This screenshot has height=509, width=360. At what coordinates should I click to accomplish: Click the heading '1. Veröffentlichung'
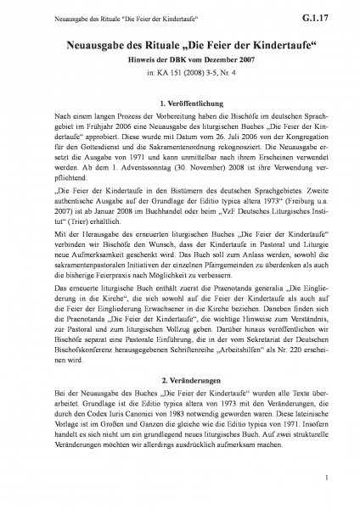(180, 103)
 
